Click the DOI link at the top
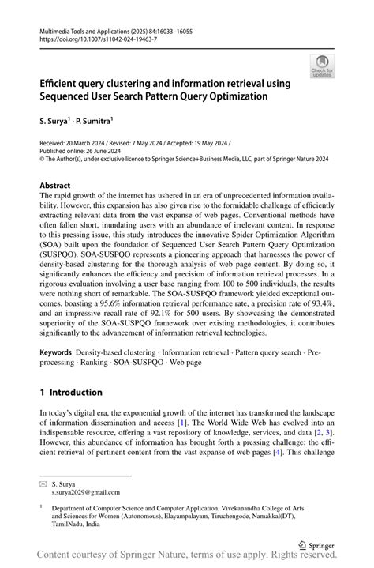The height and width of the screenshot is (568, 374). [87, 38]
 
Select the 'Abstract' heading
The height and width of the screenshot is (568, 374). [60, 186]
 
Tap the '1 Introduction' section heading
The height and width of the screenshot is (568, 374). [71, 392]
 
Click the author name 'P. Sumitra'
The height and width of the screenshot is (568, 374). [98, 120]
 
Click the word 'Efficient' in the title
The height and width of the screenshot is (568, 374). [65, 83]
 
